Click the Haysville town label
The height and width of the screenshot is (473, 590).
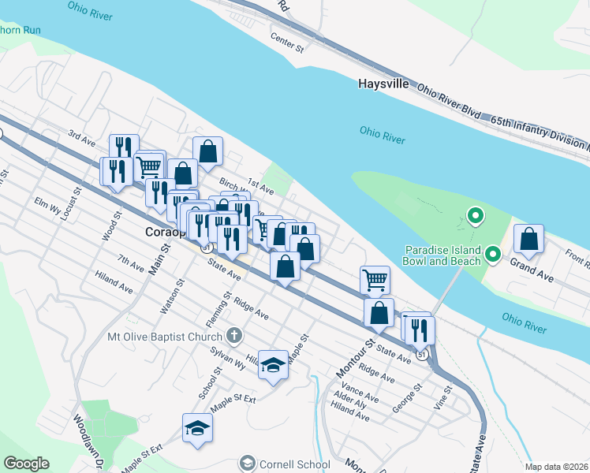pos(383,83)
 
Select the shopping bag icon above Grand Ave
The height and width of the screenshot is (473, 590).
pos(529,240)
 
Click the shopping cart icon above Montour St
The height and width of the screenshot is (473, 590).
pos(375,279)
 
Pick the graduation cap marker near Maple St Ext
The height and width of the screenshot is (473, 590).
pos(197,428)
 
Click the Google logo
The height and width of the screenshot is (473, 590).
pos(26,464)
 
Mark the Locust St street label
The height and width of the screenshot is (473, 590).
pos(77,203)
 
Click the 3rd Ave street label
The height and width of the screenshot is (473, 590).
pos(81,138)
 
